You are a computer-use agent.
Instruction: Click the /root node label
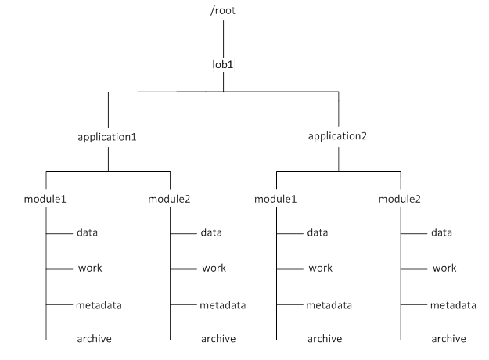point(223,11)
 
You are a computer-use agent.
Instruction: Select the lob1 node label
point(223,62)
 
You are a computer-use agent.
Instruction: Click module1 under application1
point(45,197)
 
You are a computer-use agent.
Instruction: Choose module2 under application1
point(169,197)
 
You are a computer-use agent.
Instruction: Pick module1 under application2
point(275,197)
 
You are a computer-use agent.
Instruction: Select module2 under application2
point(399,197)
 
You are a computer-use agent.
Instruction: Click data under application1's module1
point(87,232)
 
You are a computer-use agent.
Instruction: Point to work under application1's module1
point(90,268)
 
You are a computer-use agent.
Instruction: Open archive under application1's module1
point(93,338)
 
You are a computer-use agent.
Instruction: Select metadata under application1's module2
point(222,304)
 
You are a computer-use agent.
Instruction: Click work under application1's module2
point(214,268)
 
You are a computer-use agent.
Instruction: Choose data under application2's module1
point(317,232)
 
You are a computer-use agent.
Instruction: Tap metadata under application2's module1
point(329,304)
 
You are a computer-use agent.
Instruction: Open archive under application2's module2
point(448,338)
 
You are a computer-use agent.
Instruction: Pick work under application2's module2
point(444,268)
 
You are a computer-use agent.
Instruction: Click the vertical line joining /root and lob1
point(224,36)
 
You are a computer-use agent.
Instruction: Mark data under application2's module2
point(440,232)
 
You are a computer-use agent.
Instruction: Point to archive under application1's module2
point(217,338)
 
